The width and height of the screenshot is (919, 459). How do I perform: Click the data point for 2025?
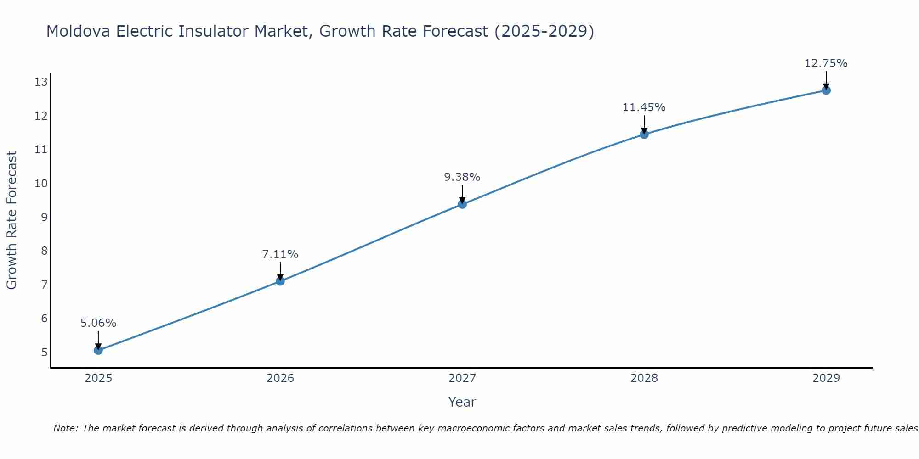point(98,350)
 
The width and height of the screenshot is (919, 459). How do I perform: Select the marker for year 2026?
point(280,281)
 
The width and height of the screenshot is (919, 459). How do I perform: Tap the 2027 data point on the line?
point(462,204)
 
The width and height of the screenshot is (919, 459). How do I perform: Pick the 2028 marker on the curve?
point(644,134)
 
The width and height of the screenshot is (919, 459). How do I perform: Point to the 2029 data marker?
point(826,90)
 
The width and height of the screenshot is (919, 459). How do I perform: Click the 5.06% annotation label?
point(98,323)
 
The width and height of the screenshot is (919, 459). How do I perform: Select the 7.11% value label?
point(280,254)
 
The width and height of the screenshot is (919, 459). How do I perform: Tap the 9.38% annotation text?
point(462,177)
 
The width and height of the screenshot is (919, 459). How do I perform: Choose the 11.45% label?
point(644,107)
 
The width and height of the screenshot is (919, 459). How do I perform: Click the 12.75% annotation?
point(826,63)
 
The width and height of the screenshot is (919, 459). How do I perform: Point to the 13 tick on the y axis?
point(41,82)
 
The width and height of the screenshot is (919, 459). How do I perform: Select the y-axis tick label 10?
point(41,184)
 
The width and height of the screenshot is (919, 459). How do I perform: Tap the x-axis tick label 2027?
point(462,378)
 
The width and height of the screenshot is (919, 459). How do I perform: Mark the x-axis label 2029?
point(826,378)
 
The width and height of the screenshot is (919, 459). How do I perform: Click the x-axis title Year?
point(462,402)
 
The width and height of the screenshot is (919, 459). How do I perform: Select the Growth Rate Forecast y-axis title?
point(11,220)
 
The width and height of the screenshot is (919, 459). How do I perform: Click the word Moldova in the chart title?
point(78,31)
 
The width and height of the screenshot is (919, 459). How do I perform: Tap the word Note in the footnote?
point(66,428)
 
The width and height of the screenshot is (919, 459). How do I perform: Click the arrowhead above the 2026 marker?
point(280,277)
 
